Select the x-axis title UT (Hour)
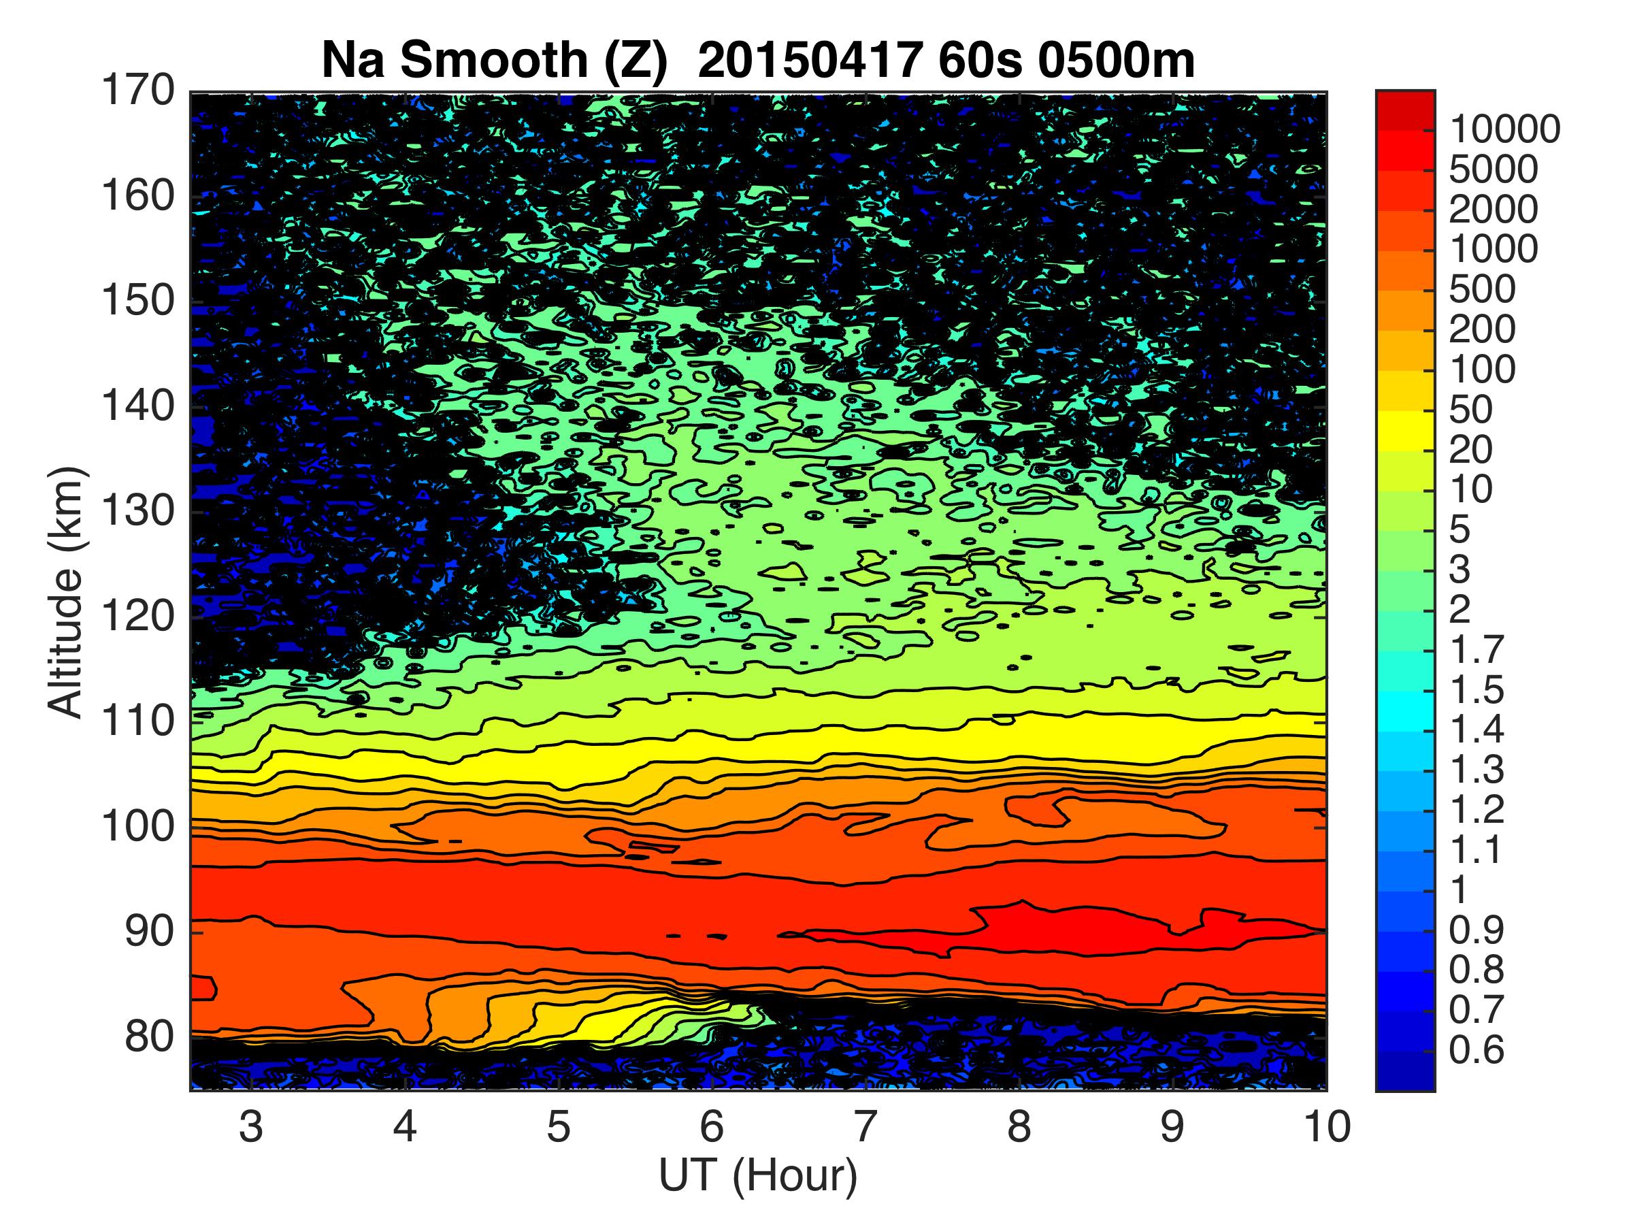point(758,1175)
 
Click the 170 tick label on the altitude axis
point(138,93)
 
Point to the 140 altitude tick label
point(138,407)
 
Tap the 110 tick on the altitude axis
point(138,721)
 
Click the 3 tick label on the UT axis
point(251,1128)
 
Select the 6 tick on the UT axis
point(712,1128)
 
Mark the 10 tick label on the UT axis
point(1326,1128)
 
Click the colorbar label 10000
point(1504,131)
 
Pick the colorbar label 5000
point(1493,171)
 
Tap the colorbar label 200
point(1482,329)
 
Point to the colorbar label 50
point(1470,410)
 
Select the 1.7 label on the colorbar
point(1476,650)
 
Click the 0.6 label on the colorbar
point(1476,1049)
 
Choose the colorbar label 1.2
point(1476,809)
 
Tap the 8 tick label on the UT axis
point(1019,1128)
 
